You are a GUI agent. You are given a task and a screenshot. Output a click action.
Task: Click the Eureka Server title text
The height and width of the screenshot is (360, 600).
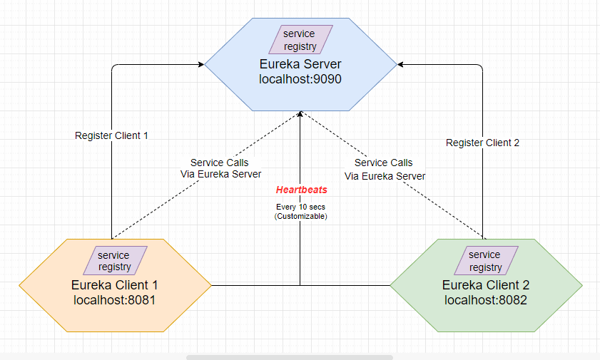300,64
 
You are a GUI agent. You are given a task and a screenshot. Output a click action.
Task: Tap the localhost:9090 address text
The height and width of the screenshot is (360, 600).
300,79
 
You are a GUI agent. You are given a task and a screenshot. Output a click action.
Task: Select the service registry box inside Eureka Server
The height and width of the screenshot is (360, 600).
300,40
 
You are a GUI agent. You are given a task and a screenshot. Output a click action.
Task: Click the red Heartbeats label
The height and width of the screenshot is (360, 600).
301,190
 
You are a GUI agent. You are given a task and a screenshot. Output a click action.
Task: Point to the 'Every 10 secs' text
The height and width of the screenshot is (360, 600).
300,207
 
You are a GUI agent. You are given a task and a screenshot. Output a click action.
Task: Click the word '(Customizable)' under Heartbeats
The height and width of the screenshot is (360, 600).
300,216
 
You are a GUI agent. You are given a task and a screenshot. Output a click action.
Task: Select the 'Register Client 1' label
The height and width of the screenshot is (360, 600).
111,135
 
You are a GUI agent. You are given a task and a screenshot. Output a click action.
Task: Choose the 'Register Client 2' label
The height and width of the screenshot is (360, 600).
482,143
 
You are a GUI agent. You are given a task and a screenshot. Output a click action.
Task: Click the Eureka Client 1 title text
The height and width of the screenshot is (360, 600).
115,285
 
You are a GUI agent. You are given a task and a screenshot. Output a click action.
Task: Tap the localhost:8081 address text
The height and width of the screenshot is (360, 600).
115,300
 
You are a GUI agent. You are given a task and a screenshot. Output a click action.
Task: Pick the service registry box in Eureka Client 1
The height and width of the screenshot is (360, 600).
115,261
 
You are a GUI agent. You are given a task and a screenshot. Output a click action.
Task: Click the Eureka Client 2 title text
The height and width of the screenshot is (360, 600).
486,285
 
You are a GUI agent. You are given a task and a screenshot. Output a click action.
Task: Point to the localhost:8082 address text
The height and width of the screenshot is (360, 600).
486,300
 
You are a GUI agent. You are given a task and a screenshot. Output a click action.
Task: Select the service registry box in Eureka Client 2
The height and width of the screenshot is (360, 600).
485,261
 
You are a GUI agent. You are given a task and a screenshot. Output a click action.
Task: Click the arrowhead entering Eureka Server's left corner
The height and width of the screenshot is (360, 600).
200,65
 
